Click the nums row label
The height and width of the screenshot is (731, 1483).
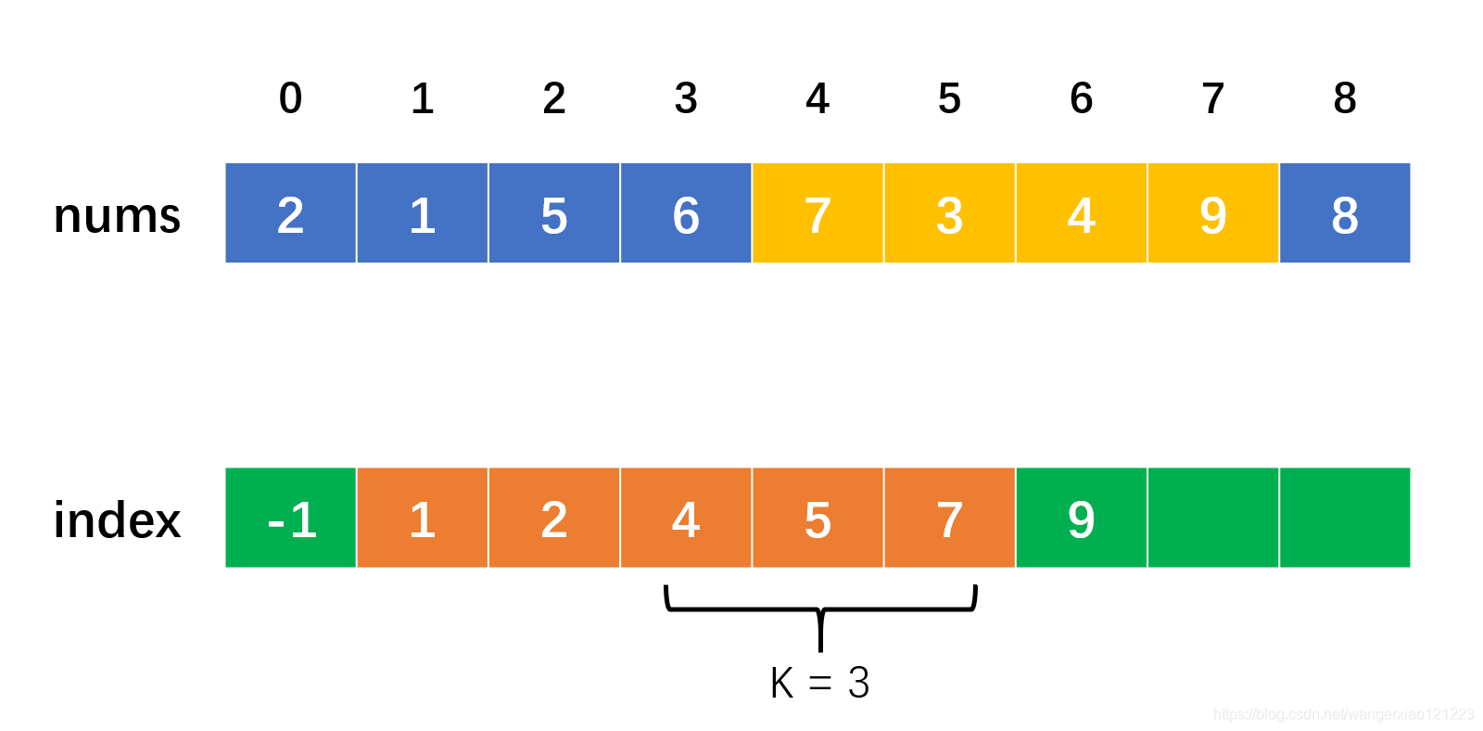coord(117,215)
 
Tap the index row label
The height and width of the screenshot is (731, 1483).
coord(117,519)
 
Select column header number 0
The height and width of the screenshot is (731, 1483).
coord(290,98)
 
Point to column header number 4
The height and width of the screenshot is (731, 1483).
coord(818,98)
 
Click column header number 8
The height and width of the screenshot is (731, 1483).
coord(1345,98)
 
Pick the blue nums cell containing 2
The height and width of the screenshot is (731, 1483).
coord(290,213)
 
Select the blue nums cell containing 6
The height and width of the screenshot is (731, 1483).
coord(686,213)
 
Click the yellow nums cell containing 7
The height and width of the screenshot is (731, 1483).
coord(818,213)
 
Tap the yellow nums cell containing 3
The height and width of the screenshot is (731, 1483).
coord(949,213)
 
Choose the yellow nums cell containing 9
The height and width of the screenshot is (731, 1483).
coord(1212,213)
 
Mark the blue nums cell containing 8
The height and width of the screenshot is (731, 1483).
coord(1345,213)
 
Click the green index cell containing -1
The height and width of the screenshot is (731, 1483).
coord(290,518)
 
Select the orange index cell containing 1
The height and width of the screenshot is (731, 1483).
coord(423,518)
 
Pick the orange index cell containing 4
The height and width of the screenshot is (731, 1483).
coord(686,518)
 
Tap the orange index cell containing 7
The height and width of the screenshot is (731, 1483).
coord(949,518)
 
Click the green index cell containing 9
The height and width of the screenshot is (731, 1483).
coord(1081,518)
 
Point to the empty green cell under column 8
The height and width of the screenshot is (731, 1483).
coord(1345,518)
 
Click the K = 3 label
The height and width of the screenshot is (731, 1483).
coord(819,684)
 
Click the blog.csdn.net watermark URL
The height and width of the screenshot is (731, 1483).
coord(1343,714)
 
